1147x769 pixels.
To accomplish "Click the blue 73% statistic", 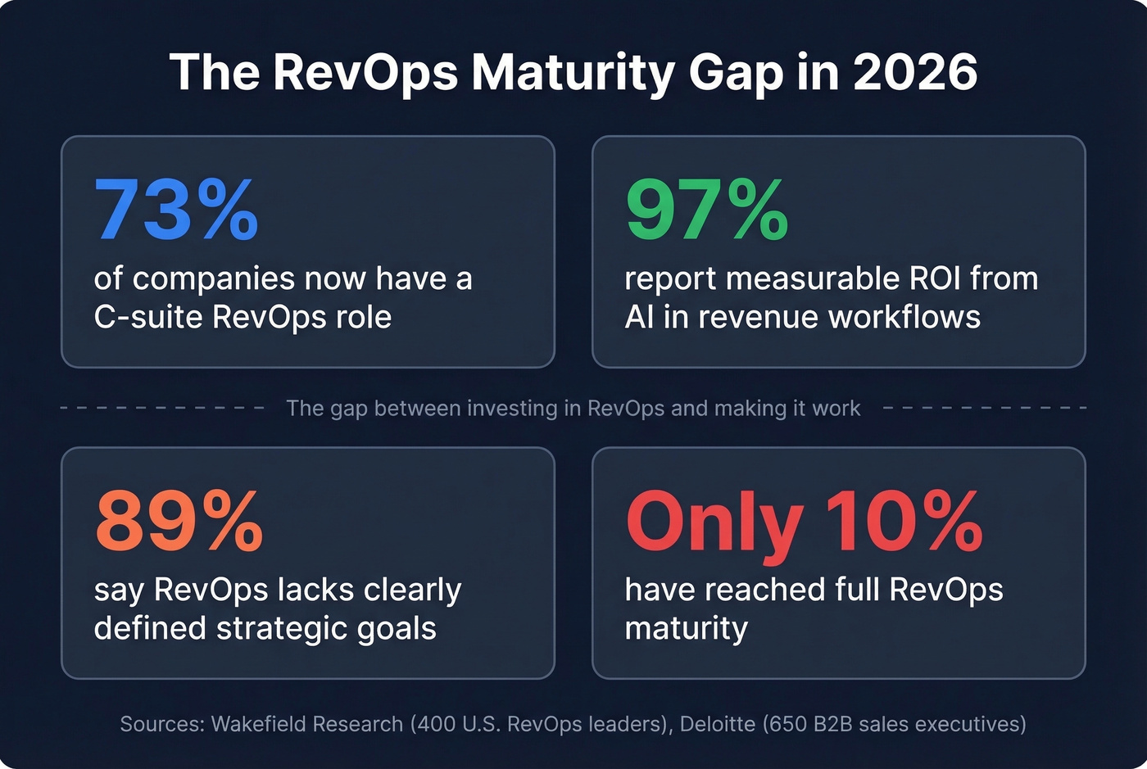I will coord(176,210).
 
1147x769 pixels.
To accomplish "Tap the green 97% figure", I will coord(706,210).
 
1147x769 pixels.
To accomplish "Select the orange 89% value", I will coord(179,522).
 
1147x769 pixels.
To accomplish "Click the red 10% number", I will coord(904,522).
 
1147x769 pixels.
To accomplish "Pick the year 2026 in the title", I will coord(915,72).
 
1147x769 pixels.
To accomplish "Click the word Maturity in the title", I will coord(573,72).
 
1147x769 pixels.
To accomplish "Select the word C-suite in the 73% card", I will coord(147,317).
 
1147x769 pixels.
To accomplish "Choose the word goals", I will coord(397,629).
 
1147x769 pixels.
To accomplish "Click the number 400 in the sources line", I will coord(435,724).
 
